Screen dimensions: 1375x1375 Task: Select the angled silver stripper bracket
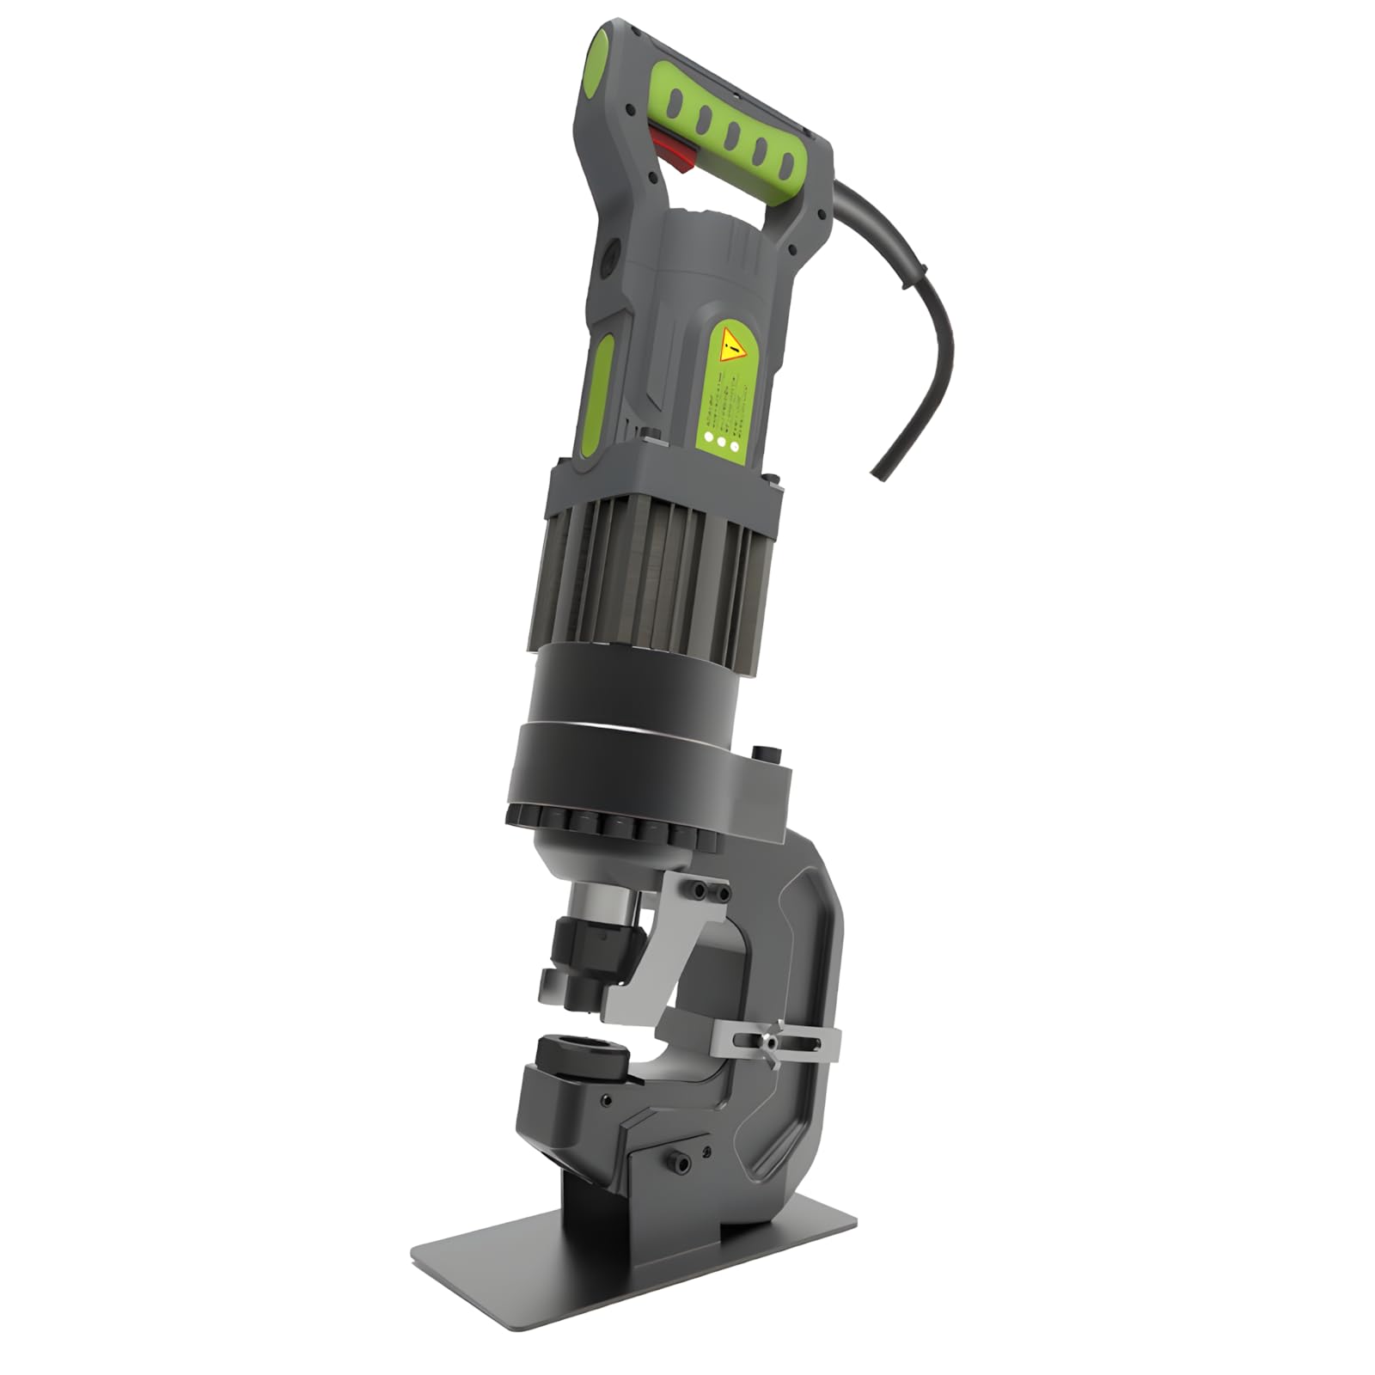(x=662, y=954)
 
